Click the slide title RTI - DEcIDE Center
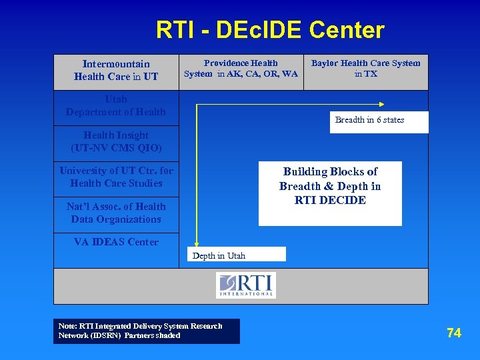click(270, 30)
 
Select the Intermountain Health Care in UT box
click(116, 71)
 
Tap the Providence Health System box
click(241, 69)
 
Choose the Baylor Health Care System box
click(365, 69)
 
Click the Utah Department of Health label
click(115, 106)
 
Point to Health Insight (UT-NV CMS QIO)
click(116, 141)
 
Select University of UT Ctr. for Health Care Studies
click(116, 177)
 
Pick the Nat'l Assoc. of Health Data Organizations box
click(116, 213)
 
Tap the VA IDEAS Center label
click(116, 242)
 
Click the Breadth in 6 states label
click(369, 120)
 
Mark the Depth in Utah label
click(219, 255)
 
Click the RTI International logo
click(245, 285)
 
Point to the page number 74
click(454, 333)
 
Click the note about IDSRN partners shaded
click(146, 331)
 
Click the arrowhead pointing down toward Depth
click(196, 245)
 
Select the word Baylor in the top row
click(325, 63)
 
